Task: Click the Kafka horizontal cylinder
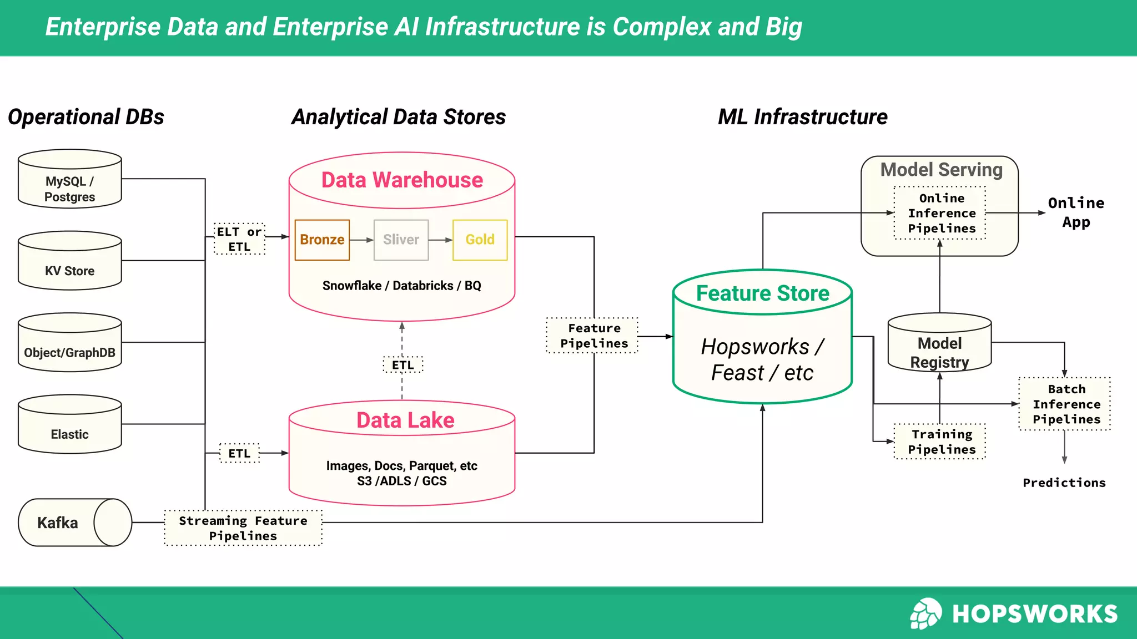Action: point(74,523)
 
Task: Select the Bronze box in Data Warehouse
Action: point(322,240)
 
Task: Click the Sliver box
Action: point(401,240)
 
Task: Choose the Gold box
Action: point(480,240)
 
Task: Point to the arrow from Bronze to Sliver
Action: point(361,240)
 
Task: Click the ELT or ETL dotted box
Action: point(239,239)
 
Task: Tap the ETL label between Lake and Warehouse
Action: point(403,365)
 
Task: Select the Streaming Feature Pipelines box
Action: point(243,528)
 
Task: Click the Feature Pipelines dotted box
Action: point(593,336)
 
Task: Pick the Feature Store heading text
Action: point(762,293)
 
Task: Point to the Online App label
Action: point(1075,212)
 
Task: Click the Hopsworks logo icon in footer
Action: point(925,613)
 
